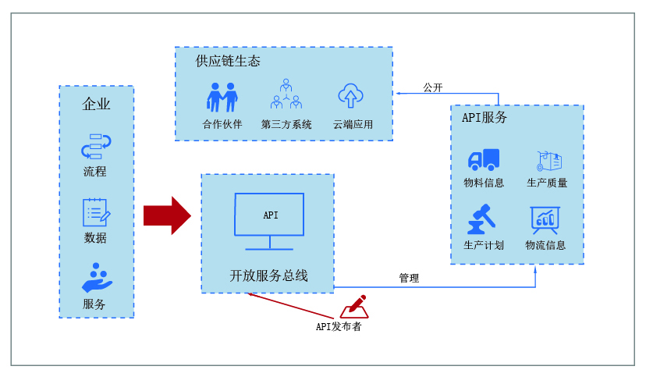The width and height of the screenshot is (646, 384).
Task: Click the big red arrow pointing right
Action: point(166,215)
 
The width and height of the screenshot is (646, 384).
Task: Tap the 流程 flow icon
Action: point(96,146)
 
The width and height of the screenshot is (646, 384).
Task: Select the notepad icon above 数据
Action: point(96,212)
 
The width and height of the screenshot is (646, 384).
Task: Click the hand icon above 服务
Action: point(97,277)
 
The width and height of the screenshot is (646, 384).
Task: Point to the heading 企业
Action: point(97,104)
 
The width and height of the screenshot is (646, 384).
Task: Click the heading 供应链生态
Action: point(228,61)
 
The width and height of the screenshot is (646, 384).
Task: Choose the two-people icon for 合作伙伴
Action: point(222,98)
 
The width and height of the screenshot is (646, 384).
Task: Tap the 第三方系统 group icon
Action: point(286,94)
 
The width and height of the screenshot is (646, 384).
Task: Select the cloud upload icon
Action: point(351,96)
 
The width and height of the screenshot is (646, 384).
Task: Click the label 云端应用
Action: point(353,124)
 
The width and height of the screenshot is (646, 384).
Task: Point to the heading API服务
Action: point(484,118)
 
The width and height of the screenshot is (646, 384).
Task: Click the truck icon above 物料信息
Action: point(484,160)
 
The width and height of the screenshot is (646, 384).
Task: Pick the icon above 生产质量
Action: point(548,161)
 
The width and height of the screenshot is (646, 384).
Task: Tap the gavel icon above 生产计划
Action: point(482,219)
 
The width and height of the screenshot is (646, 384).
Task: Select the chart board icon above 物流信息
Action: point(545,219)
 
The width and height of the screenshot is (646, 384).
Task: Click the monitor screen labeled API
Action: point(270,215)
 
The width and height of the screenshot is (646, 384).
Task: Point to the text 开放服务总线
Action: point(268,276)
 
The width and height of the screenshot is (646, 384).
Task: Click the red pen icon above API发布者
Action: point(354,306)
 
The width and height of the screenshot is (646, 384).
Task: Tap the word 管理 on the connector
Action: point(409,278)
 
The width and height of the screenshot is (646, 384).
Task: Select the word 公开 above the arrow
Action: point(433,87)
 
